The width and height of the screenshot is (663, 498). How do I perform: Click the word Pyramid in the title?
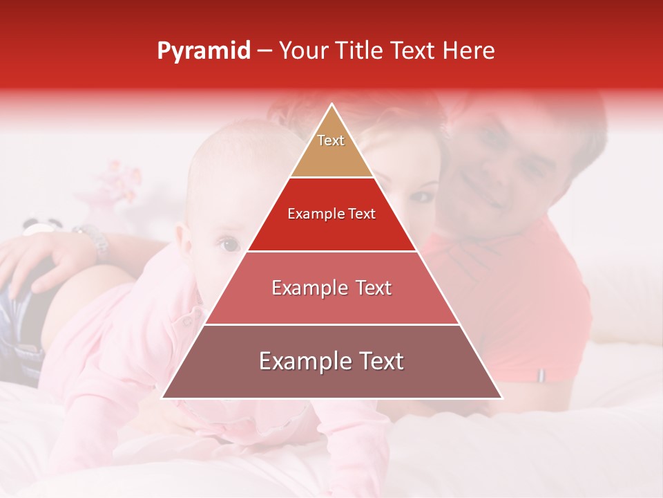(x=203, y=51)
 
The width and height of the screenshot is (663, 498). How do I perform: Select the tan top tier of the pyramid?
(x=331, y=149)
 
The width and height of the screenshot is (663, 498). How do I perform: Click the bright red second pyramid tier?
(x=331, y=214)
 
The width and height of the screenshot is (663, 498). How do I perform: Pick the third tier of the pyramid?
(x=331, y=288)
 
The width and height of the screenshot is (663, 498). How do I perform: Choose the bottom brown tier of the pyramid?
(x=331, y=362)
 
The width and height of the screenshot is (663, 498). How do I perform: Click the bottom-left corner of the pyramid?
(x=163, y=398)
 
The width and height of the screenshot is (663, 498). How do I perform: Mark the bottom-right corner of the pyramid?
(x=501, y=398)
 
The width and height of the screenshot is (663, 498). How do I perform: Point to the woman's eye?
(x=421, y=196)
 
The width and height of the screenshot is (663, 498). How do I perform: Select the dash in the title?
(x=264, y=51)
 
